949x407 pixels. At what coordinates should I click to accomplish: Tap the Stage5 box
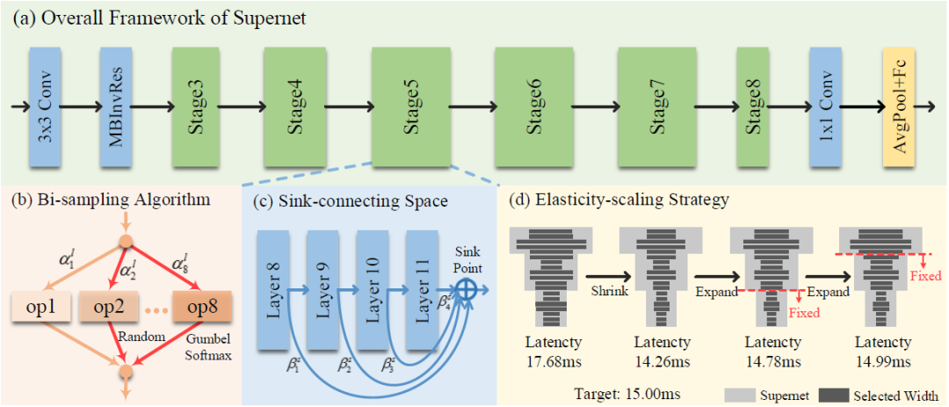coord(410,108)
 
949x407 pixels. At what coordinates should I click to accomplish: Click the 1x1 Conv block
coord(825,108)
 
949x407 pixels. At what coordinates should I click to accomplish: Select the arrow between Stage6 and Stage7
coord(585,108)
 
